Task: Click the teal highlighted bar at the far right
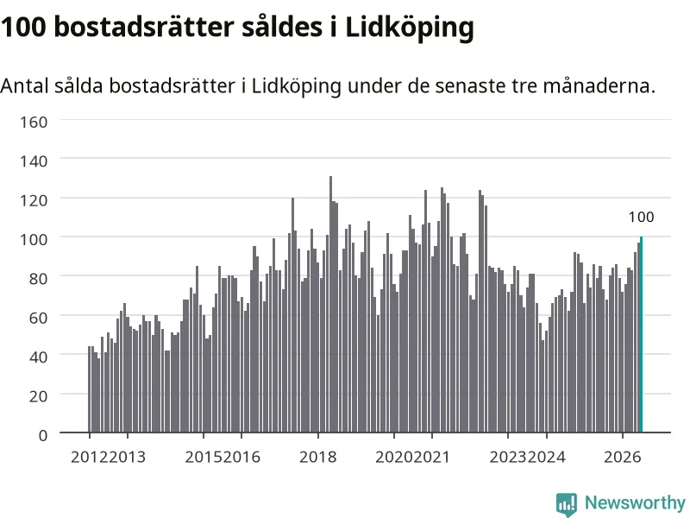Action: click(x=641, y=334)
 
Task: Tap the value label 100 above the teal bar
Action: click(x=641, y=217)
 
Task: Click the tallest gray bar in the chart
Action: click(x=331, y=305)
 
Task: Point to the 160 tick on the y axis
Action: click(x=34, y=122)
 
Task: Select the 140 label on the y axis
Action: click(x=34, y=161)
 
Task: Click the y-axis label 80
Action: click(x=38, y=279)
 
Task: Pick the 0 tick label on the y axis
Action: click(x=42, y=436)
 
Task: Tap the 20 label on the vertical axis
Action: click(x=38, y=396)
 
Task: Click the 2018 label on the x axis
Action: click(x=317, y=457)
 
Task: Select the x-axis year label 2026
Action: click(x=622, y=457)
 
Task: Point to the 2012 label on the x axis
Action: click(x=90, y=457)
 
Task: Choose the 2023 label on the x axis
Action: click(x=508, y=457)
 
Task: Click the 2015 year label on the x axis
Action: click(x=204, y=457)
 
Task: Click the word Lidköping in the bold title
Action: click(x=410, y=28)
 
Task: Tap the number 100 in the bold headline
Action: click(x=23, y=28)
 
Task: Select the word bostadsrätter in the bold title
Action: click(x=144, y=27)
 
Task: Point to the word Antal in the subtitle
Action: click(x=24, y=85)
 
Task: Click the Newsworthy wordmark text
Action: click(x=635, y=502)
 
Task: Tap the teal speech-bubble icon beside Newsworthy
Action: click(x=567, y=504)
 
